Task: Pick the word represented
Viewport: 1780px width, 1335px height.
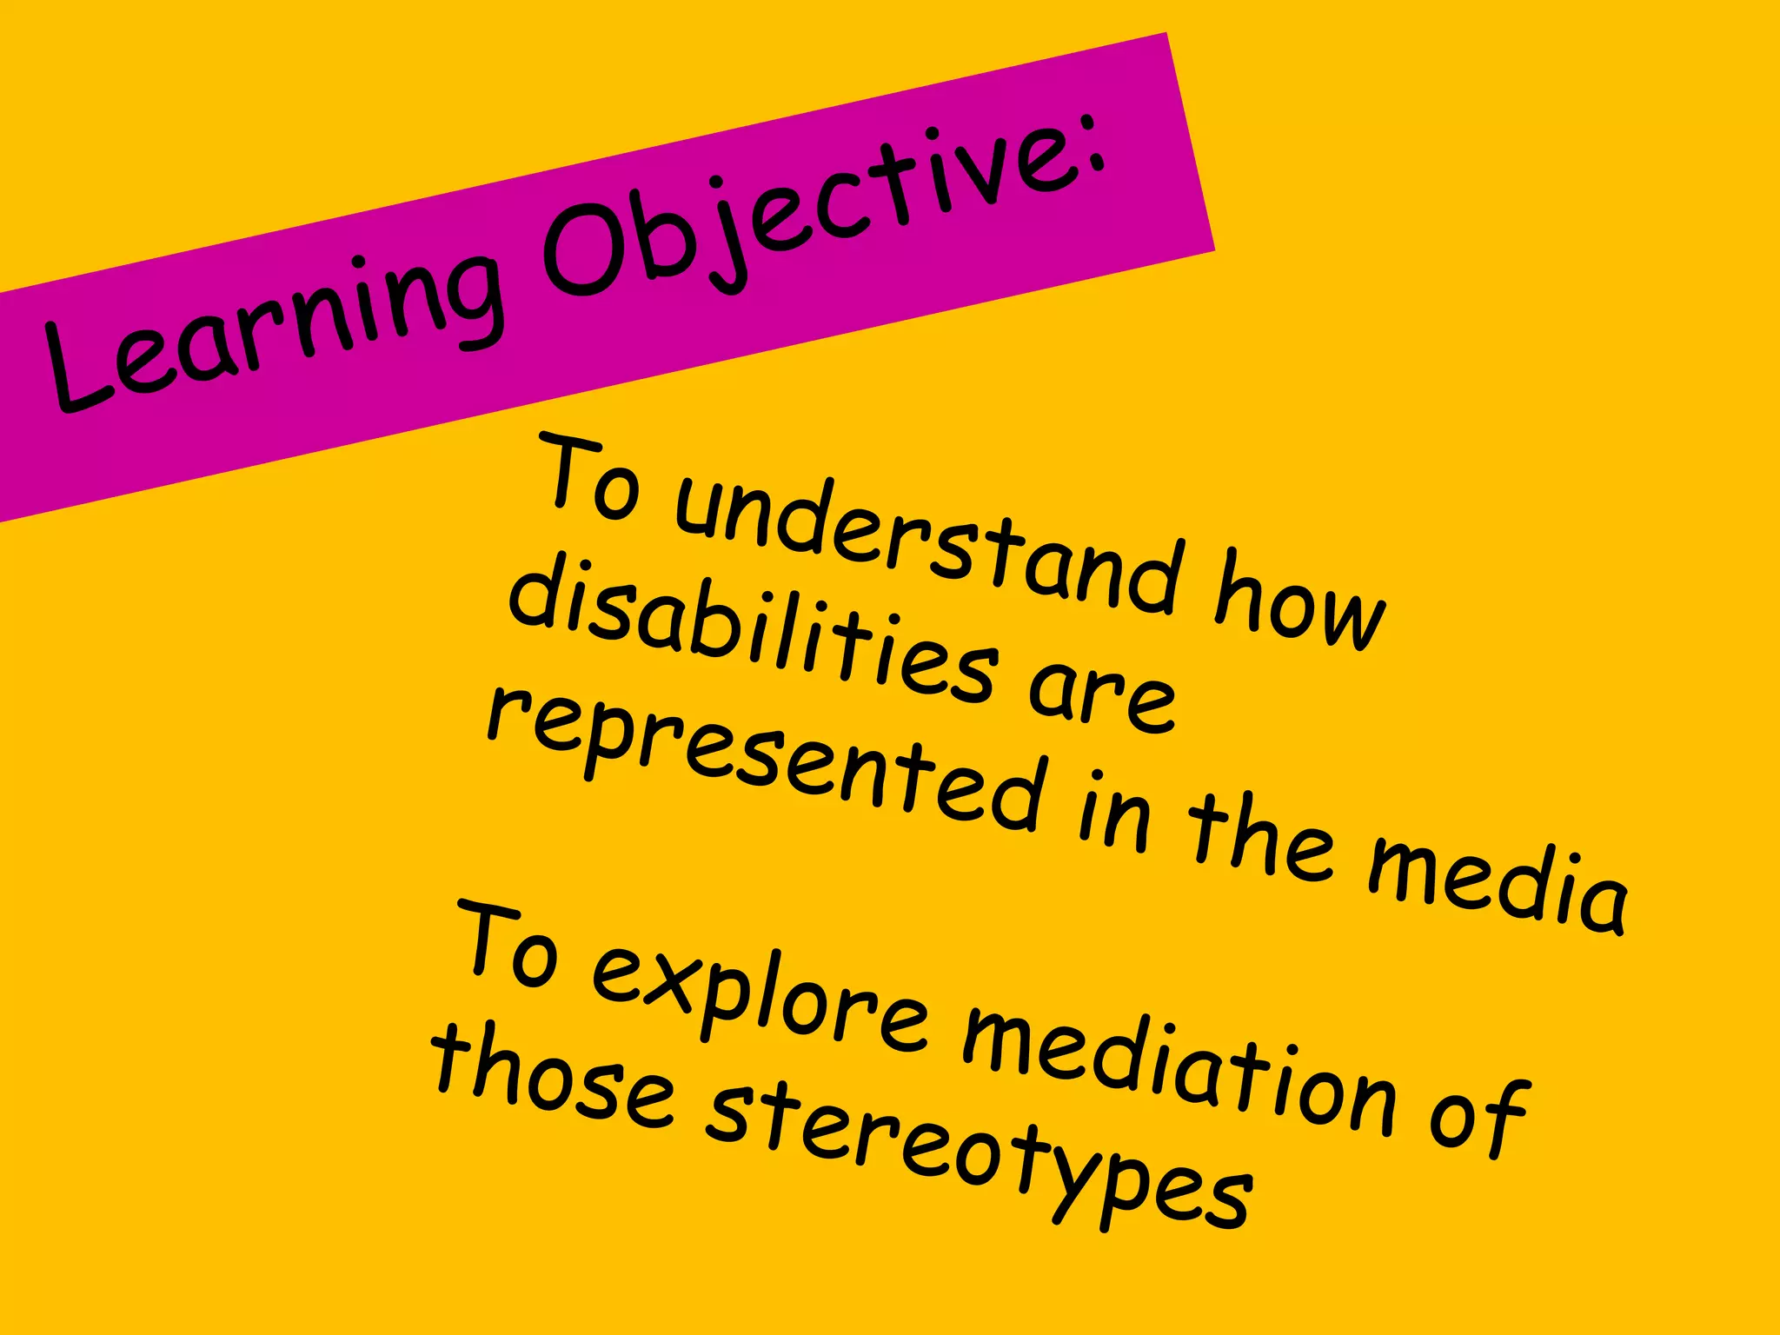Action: pyautogui.click(x=765, y=761)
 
